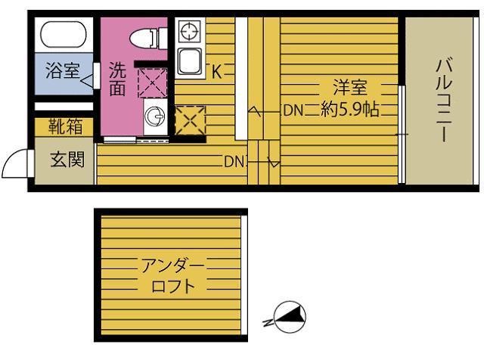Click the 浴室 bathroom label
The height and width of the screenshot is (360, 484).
click(x=62, y=72)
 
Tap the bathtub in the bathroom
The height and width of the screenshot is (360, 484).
click(x=62, y=36)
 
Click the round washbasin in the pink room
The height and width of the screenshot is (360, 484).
click(x=154, y=116)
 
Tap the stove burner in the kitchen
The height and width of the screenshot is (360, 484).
click(x=188, y=32)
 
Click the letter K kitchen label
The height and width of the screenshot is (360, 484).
click(x=216, y=73)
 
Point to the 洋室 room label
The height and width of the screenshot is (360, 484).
click(x=352, y=85)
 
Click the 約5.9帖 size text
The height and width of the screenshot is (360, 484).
click(x=349, y=110)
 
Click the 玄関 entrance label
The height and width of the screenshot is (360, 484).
click(x=63, y=160)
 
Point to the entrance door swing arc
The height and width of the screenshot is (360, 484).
click(x=15, y=160)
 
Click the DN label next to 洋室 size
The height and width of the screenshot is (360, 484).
click(x=293, y=110)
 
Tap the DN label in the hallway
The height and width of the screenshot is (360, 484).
click(x=233, y=161)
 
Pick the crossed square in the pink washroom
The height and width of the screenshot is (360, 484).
click(x=151, y=82)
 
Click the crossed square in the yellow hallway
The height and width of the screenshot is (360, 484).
click(x=190, y=119)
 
